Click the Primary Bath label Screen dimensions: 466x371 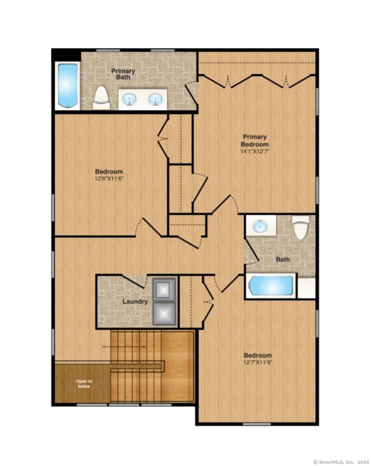pyautogui.click(x=123, y=74)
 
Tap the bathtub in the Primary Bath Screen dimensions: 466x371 pyautogui.click(x=67, y=85)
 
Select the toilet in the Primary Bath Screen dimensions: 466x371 pyautogui.click(x=101, y=97)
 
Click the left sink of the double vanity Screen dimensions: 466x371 pyautogui.click(x=130, y=100)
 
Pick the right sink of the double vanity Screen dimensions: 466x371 pyautogui.click(x=155, y=100)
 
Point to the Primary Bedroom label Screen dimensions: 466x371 pyautogui.click(x=255, y=140)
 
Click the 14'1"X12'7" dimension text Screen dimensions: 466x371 pyautogui.click(x=255, y=151)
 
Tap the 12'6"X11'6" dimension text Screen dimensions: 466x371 pyautogui.click(x=109, y=178)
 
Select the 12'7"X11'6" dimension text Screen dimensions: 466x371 pyautogui.click(x=258, y=362)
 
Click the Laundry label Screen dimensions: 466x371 pyautogui.click(x=135, y=301)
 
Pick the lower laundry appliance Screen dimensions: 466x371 pyautogui.click(x=164, y=313)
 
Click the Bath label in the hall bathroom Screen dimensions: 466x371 pyautogui.click(x=283, y=259)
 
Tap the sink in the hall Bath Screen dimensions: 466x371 pyautogui.click(x=260, y=226)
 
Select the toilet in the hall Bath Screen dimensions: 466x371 pyautogui.click(x=301, y=227)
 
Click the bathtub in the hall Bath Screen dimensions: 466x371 pyautogui.click(x=271, y=286)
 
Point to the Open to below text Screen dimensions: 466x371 pyautogui.click(x=84, y=384)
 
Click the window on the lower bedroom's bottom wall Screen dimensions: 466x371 pyautogui.click(x=257, y=424)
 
